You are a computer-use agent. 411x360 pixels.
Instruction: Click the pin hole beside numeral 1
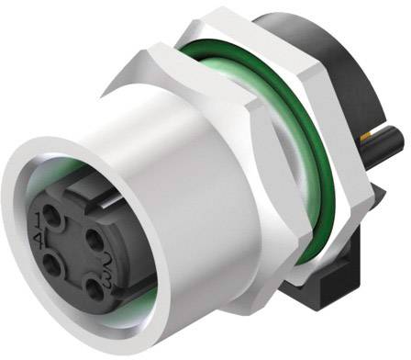pyautogui.click(x=51, y=215)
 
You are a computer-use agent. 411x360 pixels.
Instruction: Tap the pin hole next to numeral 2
pyautogui.click(x=94, y=239)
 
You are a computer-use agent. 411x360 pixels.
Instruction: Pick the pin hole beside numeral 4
pyautogui.click(x=51, y=264)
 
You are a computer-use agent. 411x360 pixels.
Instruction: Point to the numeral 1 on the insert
pyautogui.click(x=38, y=216)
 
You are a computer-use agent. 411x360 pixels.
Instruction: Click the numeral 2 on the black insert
pyautogui.click(x=109, y=258)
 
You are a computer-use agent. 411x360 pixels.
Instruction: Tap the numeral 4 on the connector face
pyautogui.click(x=39, y=239)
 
